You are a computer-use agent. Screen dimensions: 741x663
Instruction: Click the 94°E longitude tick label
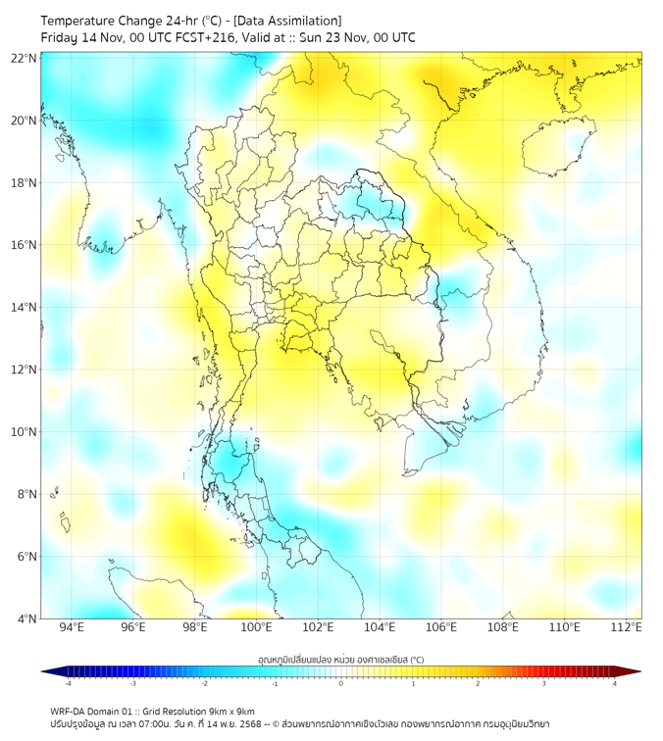[72, 627]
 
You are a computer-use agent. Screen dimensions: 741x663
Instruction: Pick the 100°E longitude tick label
[257, 627]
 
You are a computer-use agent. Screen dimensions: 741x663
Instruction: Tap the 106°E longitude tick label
[441, 627]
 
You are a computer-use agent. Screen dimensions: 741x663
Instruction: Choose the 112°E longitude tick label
[627, 627]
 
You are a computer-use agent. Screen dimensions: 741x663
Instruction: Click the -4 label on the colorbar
[67, 683]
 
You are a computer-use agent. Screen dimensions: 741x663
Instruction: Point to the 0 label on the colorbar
[341, 683]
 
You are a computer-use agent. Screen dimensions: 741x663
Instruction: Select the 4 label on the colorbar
[614, 683]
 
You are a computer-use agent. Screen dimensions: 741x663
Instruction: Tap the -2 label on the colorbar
[204, 683]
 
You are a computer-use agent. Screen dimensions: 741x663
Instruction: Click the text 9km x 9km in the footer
[228, 711]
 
